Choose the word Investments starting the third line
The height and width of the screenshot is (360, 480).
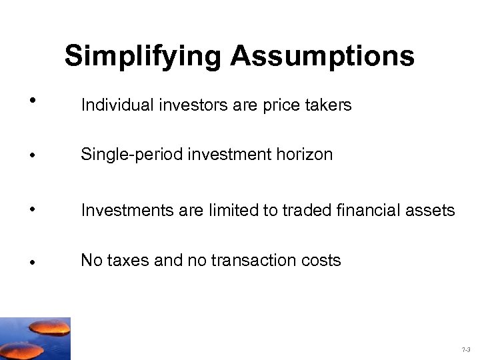pyautogui.click(x=121, y=211)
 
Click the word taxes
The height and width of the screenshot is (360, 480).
pyautogui.click(x=126, y=261)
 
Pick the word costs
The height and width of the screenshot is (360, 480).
pyautogui.click(x=322, y=261)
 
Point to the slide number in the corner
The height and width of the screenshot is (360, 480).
pyautogui.click(x=465, y=349)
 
